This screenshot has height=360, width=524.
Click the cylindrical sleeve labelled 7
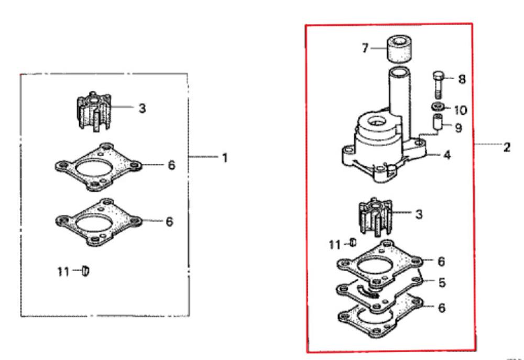pos(401,50)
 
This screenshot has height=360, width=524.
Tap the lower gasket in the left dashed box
pos(97,222)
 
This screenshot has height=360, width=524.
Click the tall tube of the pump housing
pos(397,89)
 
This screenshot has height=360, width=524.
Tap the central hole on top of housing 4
pos(375,123)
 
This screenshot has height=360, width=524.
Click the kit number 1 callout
pos(225,157)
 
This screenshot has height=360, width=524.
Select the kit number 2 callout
pos(507,147)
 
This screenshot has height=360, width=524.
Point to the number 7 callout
pos(365,48)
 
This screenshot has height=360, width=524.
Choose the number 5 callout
pos(442,283)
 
